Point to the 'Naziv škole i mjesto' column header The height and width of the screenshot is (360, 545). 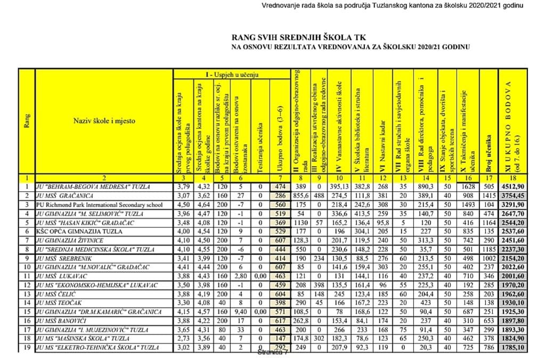(104, 121)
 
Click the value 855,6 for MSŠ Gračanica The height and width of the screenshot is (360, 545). (300, 196)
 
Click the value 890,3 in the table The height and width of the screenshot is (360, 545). (424, 187)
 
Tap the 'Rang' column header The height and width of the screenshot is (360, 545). (27, 121)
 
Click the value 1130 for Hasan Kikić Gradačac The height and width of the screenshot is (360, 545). (300, 223)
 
